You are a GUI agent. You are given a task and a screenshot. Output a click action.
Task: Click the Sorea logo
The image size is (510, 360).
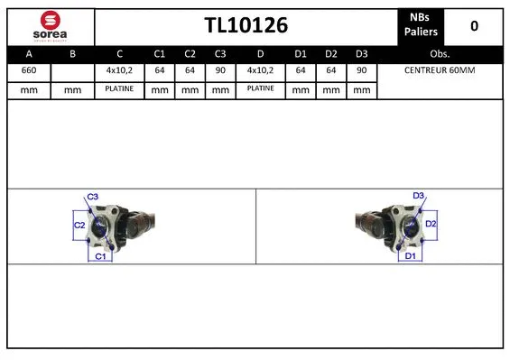[x=49, y=25]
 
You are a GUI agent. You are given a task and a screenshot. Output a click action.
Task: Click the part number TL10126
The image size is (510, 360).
[x=245, y=26]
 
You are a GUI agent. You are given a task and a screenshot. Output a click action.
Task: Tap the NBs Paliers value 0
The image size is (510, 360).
[x=474, y=26]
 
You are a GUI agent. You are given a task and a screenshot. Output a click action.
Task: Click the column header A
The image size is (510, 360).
[x=29, y=53]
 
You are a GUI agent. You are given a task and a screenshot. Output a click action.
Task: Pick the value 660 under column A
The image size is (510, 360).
[x=29, y=70]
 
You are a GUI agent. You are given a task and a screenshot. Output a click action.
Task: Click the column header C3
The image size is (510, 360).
[x=219, y=53]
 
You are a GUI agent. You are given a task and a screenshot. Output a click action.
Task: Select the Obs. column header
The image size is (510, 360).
[x=440, y=53]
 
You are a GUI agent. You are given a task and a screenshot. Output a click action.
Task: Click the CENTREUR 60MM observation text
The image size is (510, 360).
[x=439, y=70]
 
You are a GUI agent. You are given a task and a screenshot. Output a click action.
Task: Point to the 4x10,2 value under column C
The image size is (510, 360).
[x=118, y=70]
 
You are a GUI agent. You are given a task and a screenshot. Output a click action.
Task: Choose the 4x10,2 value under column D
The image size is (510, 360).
[x=262, y=70]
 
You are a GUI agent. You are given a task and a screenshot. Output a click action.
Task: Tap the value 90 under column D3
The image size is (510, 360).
[x=361, y=70]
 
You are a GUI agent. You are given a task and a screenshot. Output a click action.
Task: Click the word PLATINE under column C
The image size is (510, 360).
[x=118, y=89]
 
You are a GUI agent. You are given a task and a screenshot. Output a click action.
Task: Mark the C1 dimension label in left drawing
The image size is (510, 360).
[x=100, y=257]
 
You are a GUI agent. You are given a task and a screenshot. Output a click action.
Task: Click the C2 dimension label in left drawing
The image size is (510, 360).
[x=79, y=225]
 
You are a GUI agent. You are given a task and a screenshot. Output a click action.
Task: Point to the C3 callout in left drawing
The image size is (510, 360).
[x=92, y=196]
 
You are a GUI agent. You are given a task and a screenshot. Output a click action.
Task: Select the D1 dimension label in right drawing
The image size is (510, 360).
[x=410, y=256]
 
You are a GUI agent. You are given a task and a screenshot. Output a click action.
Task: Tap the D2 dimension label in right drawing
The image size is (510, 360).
[x=431, y=223]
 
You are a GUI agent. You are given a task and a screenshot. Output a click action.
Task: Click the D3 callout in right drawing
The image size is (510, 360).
[x=418, y=195]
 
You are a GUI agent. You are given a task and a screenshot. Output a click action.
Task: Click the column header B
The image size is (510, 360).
[x=73, y=53]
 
